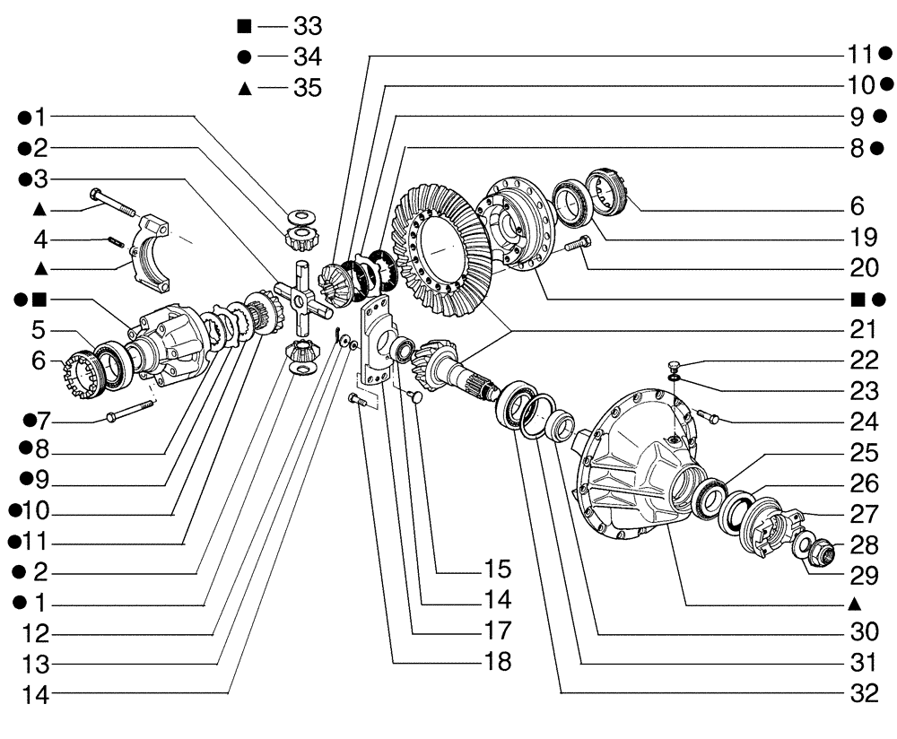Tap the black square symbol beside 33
click(243, 25)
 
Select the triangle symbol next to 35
click(243, 87)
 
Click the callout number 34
click(307, 57)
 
